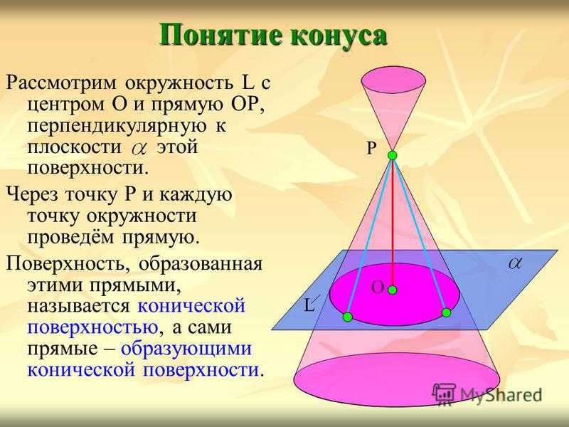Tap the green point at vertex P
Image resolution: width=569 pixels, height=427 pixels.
click(393, 156)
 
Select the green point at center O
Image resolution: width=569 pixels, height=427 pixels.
click(393, 290)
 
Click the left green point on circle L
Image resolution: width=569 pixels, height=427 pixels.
click(348, 317)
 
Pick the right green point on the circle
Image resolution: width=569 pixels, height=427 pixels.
click(447, 312)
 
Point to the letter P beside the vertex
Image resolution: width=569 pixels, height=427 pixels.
click(371, 148)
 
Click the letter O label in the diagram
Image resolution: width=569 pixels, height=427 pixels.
click(378, 288)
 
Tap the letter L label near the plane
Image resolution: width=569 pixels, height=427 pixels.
click(309, 305)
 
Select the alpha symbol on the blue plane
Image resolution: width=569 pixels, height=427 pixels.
click(514, 263)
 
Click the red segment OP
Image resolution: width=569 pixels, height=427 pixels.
click(393, 223)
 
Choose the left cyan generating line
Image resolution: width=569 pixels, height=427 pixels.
click(370, 236)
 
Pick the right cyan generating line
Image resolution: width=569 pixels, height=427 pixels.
click(420, 234)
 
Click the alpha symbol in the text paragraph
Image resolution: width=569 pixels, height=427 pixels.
click(139, 149)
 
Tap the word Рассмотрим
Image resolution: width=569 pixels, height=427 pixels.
click(61, 84)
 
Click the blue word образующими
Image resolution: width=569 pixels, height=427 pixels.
click(186, 349)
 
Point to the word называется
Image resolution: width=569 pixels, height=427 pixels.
click(78, 306)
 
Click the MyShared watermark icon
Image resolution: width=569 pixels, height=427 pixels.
click(444, 394)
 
